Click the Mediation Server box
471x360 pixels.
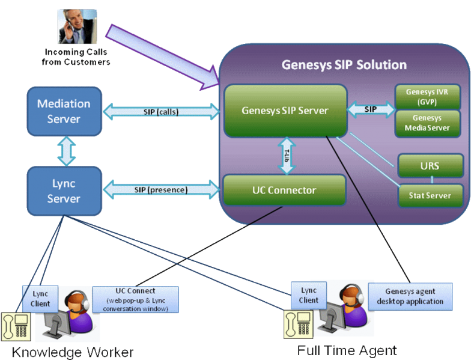pyautogui.click(x=64, y=112)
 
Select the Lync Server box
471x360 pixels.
pyautogui.click(x=64, y=191)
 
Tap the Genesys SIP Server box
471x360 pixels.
pyautogui.click(x=285, y=111)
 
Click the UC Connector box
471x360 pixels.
pyautogui.click(x=284, y=190)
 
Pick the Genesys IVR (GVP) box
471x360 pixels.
pyautogui.click(x=428, y=97)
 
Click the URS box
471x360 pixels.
pyautogui.click(x=430, y=166)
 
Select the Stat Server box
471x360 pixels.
pyautogui.click(x=430, y=196)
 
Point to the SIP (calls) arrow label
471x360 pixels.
pyautogui.click(x=161, y=112)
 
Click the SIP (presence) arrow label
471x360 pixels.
pyautogui.click(x=161, y=190)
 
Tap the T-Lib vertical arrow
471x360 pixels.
pyautogui.click(x=287, y=156)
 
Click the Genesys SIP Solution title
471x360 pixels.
pyautogui.click(x=344, y=65)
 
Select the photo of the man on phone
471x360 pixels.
pyautogui.click(x=77, y=26)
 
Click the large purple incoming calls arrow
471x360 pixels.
pyautogui.click(x=162, y=57)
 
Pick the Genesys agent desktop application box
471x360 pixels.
pyautogui.click(x=410, y=296)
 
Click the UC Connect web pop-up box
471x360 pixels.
pyautogui.click(x=136, y=299)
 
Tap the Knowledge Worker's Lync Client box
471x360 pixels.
pyautogui.click(x=40, y=299)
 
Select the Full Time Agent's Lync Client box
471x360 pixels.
pyautogui.click(x=309, y=296)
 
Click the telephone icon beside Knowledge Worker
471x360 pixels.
pyautogui.click(x=16, y=327)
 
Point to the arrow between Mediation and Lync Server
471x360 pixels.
pyautogui.click(x=66, y=151)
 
